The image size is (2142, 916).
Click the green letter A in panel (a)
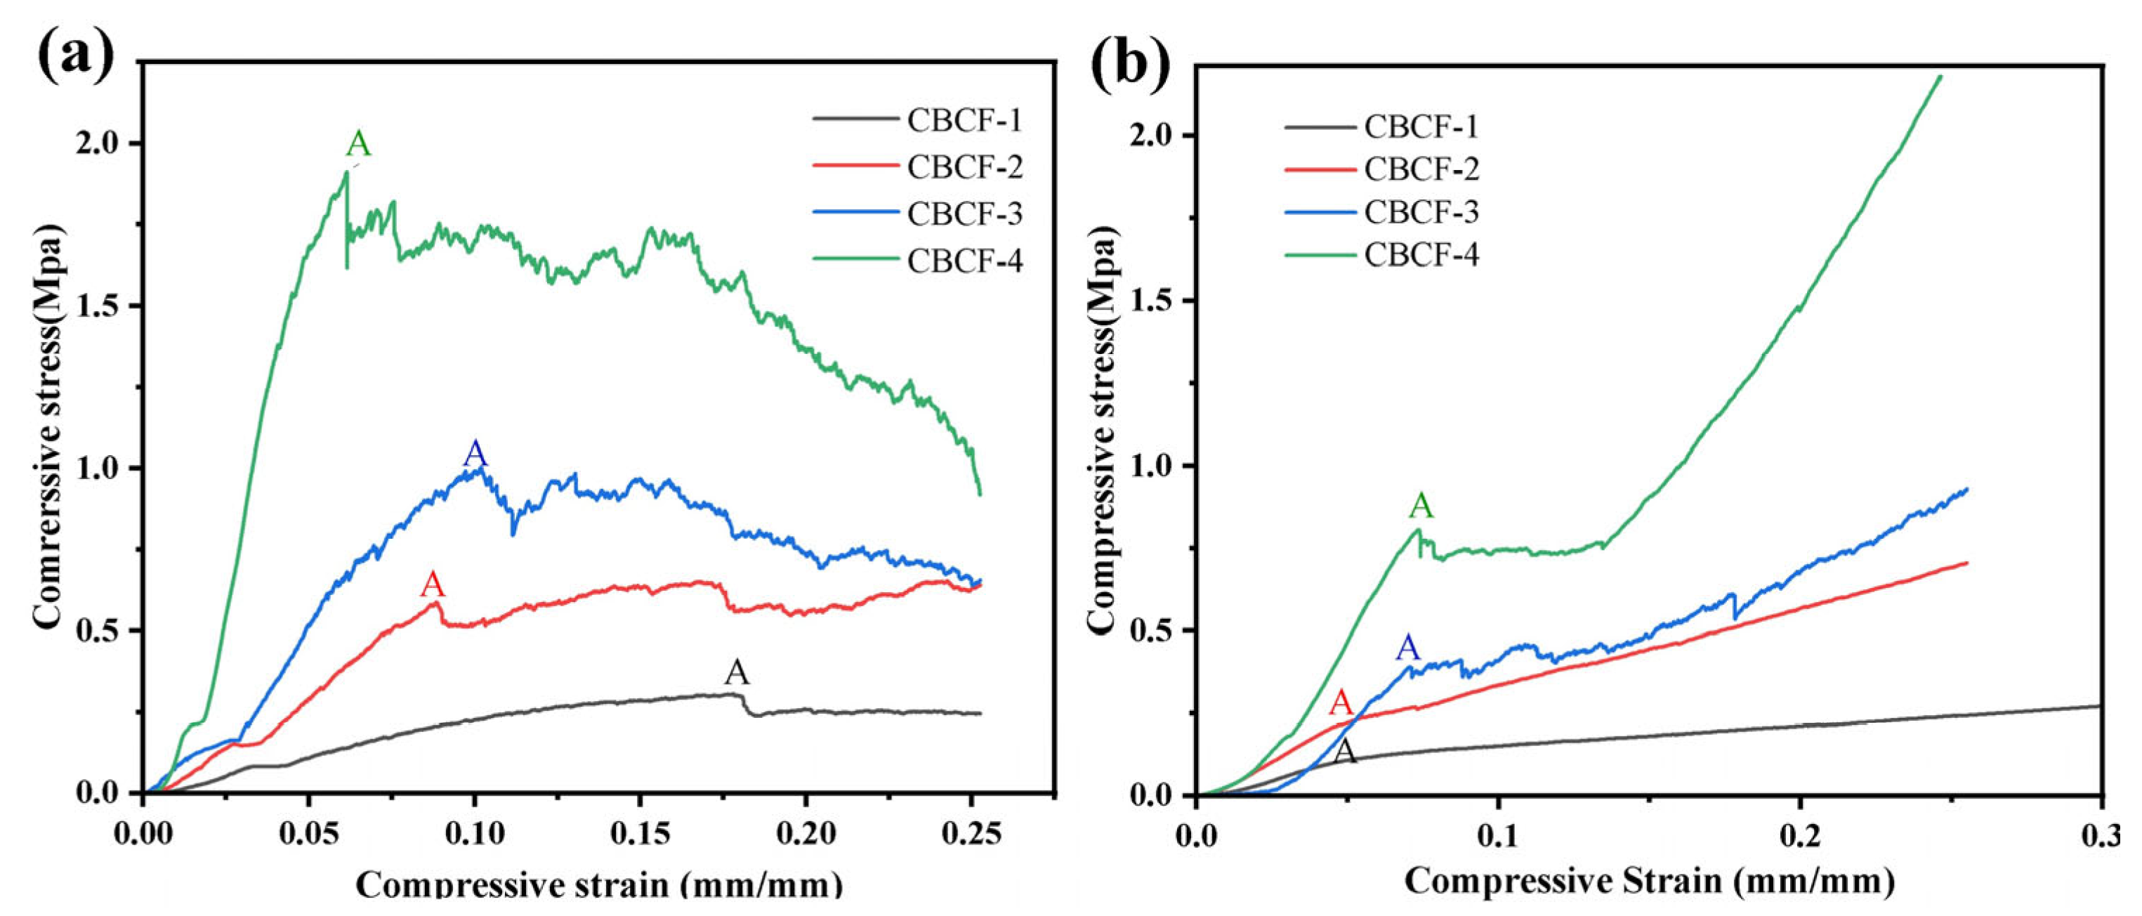[357, 144]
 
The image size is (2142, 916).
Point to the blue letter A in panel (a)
[475, 454]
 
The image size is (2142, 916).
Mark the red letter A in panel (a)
[433, 585]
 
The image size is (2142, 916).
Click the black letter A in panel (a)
[737, 672]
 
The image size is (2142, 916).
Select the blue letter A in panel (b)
[1407, 647]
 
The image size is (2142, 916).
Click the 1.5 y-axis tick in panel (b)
[1156, 301]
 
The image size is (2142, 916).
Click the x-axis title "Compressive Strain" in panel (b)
[1650, 880]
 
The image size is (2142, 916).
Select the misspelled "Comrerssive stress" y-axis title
[50, 426]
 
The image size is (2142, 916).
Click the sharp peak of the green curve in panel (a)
[346, 171]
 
